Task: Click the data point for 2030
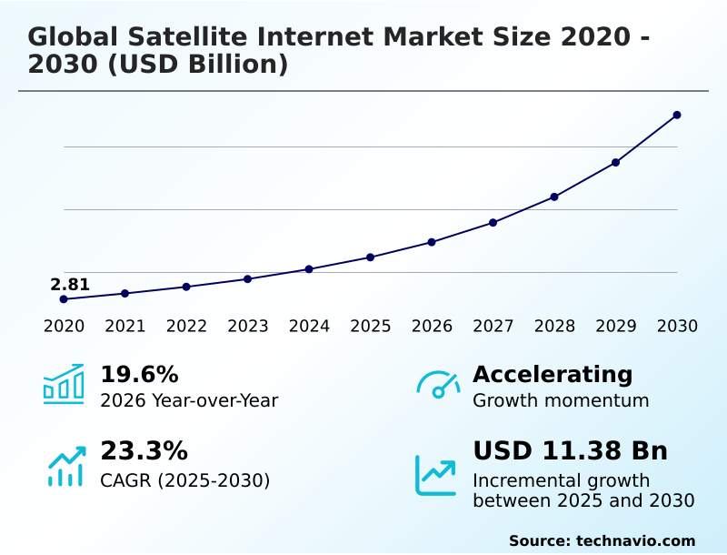coord(677,115)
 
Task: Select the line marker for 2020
coord(64,299)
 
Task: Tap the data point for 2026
coord(432,242)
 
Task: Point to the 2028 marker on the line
coord(554,197)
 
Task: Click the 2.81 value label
coord(70,284)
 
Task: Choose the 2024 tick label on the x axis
coord(309,327)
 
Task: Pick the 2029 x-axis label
coord(616,327)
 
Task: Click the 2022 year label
coord(186,327)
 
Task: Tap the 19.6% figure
coord(139,375)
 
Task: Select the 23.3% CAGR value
coord(144,451)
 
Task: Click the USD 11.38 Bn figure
coord(570,451)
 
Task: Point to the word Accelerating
coord(553,375)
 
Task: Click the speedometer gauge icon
coord(438,385)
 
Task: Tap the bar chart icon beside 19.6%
coord(64,384)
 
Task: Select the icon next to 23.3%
coord(65,466)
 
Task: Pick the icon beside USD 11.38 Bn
coord(435,474)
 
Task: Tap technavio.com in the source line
coord(635,540)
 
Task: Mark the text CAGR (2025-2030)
coord(184,480)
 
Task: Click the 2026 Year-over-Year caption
coord(189,400)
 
